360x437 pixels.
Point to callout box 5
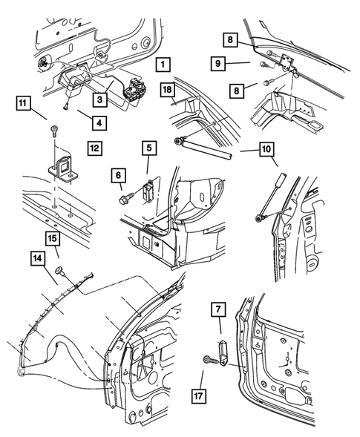click(149, 148)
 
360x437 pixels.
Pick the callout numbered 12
click(94, 148)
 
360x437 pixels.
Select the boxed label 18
click(168, 91)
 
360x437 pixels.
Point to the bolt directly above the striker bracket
click(56, 134)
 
